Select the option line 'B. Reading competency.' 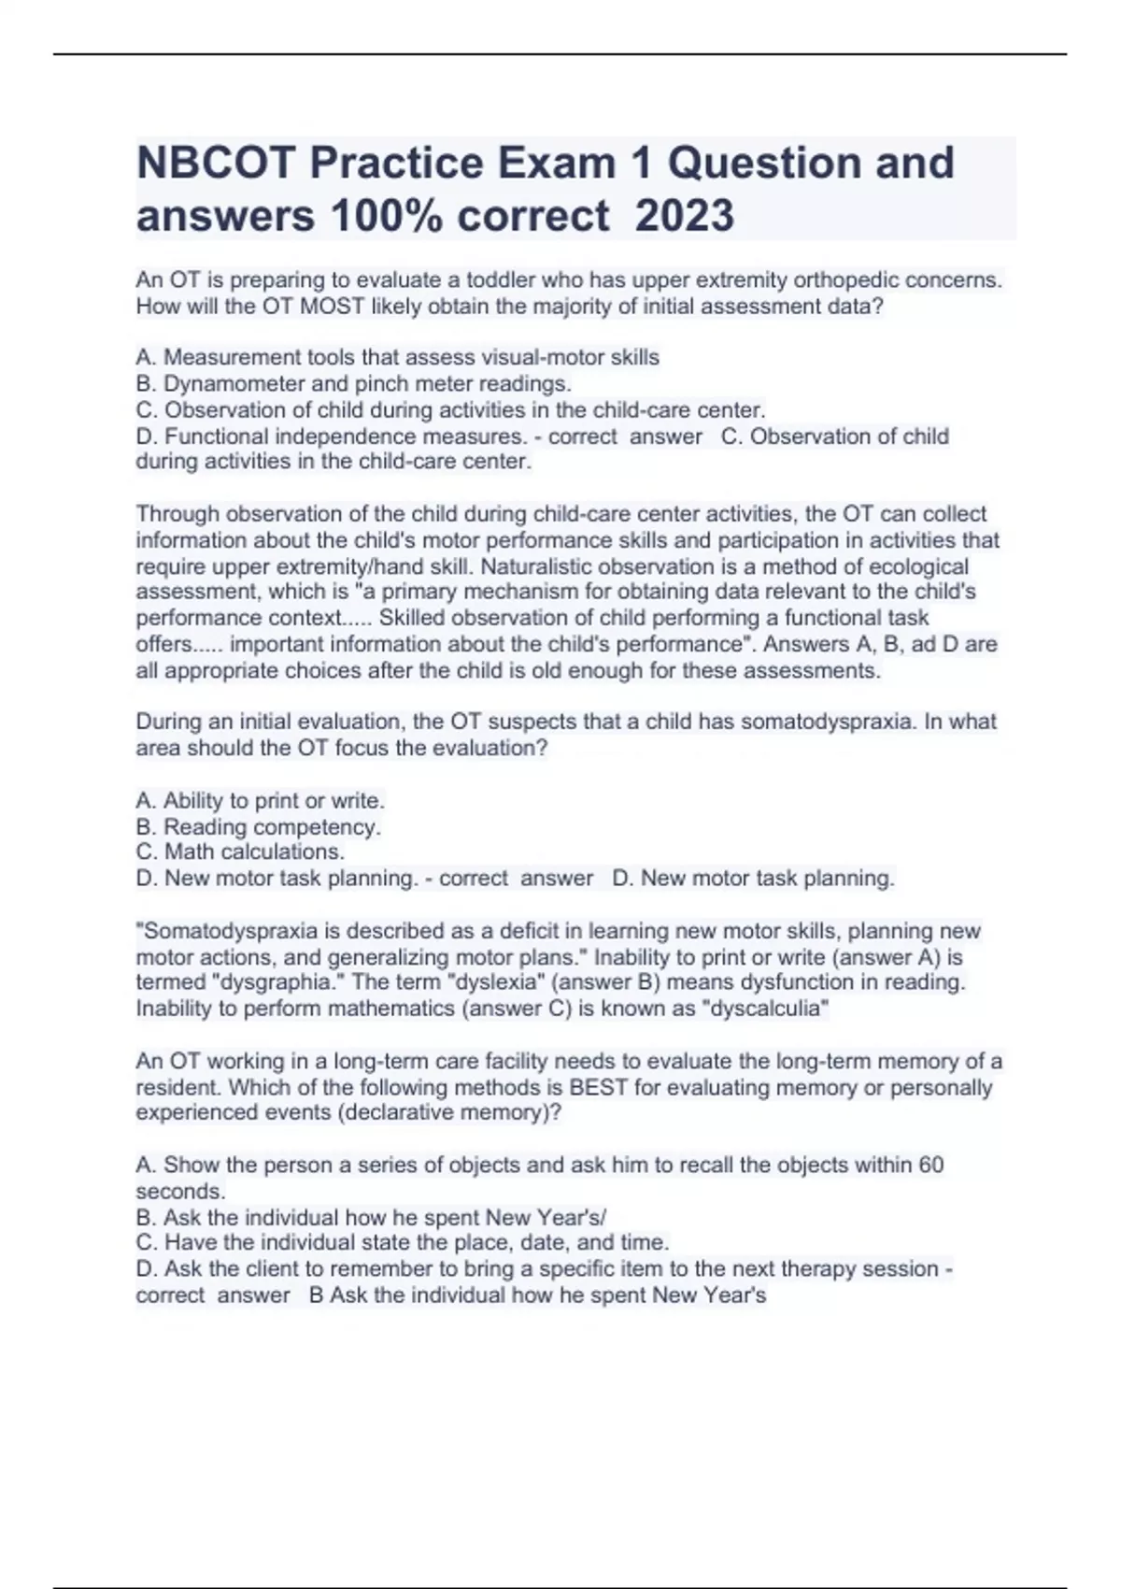258,826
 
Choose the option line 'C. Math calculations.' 240,852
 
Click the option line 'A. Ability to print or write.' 260,800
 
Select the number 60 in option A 931,1165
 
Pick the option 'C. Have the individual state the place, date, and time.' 402,1242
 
